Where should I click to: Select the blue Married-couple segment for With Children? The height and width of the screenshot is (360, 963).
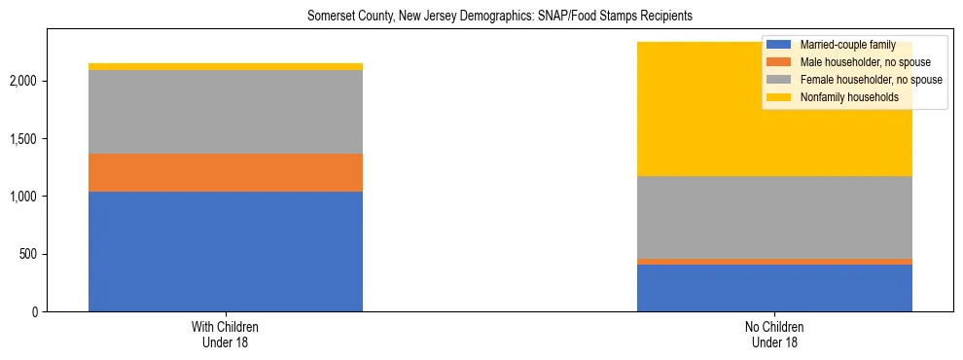pyautogui.click(x=226, y=251)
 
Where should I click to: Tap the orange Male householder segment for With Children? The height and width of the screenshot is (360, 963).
pyautogui.click(x=226, y=172)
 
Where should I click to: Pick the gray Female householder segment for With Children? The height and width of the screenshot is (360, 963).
pyautogui.click(x=226, y=112)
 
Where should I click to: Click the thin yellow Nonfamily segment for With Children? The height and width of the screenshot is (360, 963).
pyautogui.click(x=226, y=66)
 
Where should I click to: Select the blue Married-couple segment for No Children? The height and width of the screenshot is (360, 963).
pyautogui.click(x=774, y=288)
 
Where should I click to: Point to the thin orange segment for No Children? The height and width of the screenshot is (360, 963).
pyautogui.click(x=774, y=262)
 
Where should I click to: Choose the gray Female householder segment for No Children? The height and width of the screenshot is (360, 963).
pyautogui.click(x=774, y=217)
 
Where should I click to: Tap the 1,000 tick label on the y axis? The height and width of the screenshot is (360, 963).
pyautogui.click(x=23, y=197)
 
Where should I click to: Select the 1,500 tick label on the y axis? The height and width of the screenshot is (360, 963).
pyautogui.click(x=23, y=138)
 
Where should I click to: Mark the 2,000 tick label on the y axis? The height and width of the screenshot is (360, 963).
pyautogui.click(x=23, y=81)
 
